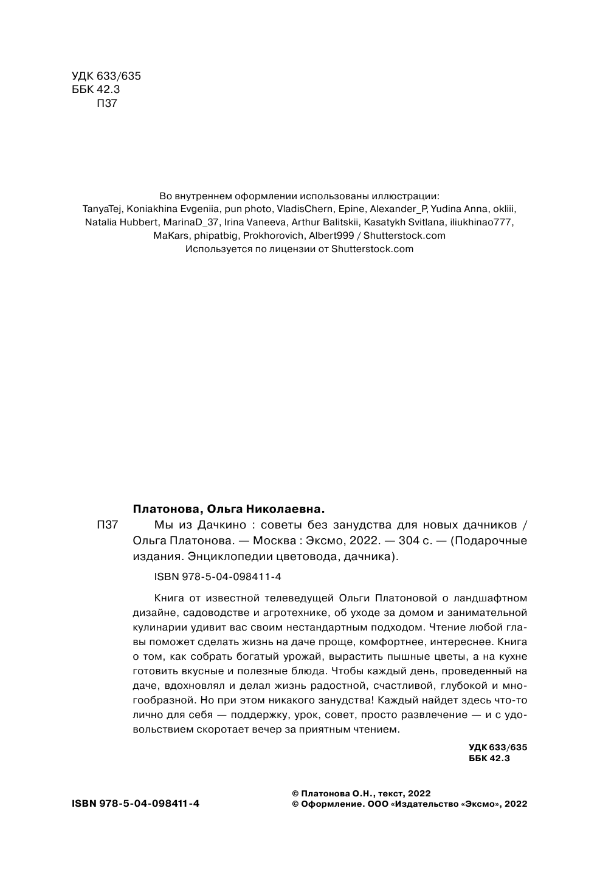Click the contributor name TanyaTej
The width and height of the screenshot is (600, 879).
point(102,208)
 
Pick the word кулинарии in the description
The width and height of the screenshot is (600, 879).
point(157,628)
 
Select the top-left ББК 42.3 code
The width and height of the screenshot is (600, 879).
point(88,89)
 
